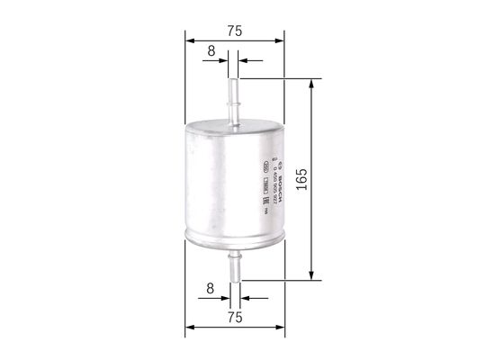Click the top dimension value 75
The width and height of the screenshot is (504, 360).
234,30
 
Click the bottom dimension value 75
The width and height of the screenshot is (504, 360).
234,318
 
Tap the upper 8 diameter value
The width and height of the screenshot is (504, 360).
211,51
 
